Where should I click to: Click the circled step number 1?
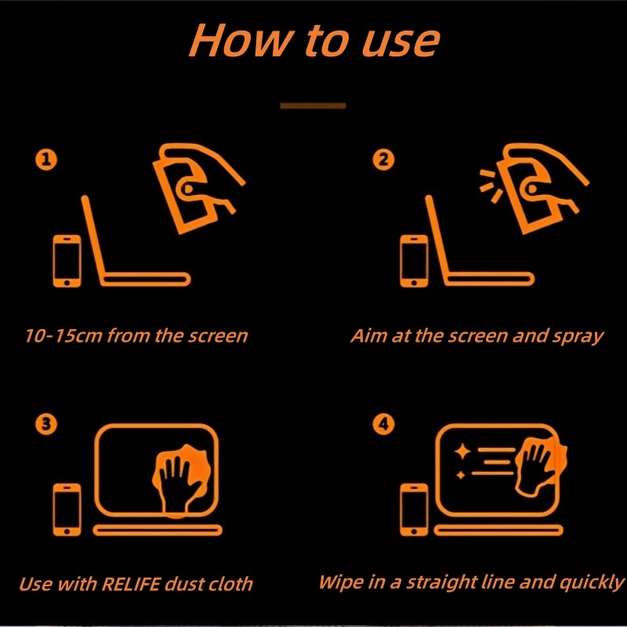[x=46, y=160]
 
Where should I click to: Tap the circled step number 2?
[x=383, y=160]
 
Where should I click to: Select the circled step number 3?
[x=46, y=424]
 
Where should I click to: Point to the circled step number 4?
[x=383, y=424]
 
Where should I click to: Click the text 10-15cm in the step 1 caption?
[x=63, y=335]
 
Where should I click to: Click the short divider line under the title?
[x=313, y=106]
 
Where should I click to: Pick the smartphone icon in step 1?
[x=67, y=261]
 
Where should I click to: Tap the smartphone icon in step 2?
[x=414, y=261]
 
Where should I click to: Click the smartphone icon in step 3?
[x=67, y=510]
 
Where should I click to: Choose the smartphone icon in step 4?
[x=414, y=510]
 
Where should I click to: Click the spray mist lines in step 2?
[x=491, y=186]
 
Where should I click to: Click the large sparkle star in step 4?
[x=462, y=451]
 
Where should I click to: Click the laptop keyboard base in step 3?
[x=158, y=531]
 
